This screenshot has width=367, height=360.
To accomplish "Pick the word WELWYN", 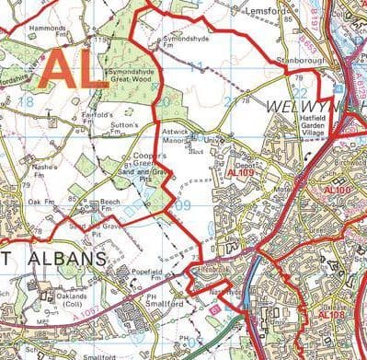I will pos(295,108).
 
